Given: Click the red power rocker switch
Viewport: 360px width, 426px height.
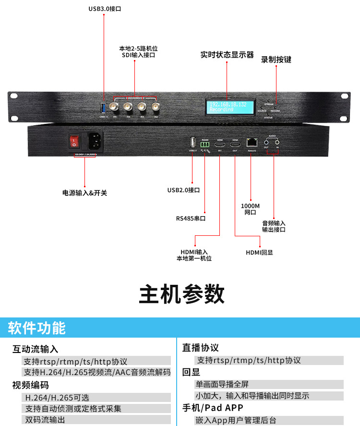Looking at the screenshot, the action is point(74,141).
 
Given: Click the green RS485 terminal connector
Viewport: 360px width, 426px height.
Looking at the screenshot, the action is point(205,143).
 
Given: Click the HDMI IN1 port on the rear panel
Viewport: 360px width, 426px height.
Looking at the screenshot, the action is point(220,144).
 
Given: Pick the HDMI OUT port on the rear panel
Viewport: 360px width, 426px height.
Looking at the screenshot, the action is point(235,144).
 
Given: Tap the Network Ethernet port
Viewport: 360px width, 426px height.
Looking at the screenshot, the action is point(251,142).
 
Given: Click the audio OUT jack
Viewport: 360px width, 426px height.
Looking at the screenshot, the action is point(266,142).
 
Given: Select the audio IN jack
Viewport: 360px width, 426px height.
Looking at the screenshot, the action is point(277,142).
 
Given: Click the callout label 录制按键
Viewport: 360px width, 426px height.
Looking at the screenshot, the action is point(276,60).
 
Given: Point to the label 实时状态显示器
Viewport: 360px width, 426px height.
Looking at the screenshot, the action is point(227,55).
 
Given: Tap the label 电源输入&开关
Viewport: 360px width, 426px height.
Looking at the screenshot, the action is point(84,193).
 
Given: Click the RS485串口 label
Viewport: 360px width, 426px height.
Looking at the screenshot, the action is point(191,218).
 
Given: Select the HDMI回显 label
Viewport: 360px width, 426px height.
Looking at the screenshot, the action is point(259,252).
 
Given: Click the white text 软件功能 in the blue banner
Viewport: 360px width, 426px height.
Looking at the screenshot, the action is point(37,328).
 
